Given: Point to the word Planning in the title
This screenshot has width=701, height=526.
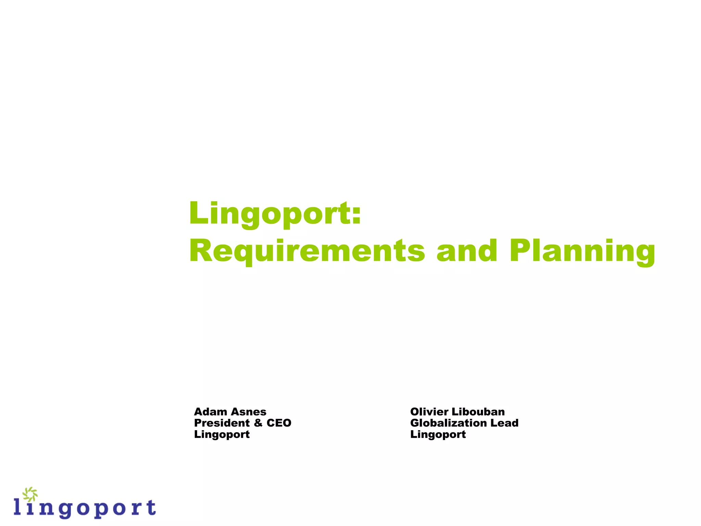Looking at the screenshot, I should click(582, 252).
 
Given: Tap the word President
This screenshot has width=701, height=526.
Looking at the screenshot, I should click(222, 423).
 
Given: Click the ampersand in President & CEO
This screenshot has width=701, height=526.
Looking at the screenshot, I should click(258, 423).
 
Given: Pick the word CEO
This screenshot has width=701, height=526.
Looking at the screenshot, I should click(279, 423).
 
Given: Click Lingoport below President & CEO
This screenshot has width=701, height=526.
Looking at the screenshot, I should click(222, 435).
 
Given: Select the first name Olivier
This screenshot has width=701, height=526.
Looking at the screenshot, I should click(429, 412).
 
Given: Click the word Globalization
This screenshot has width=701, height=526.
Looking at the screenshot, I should click(448, 423).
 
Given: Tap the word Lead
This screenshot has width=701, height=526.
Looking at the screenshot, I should click(505, 423).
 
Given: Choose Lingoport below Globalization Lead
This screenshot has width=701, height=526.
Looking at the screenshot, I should click(438, 435).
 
